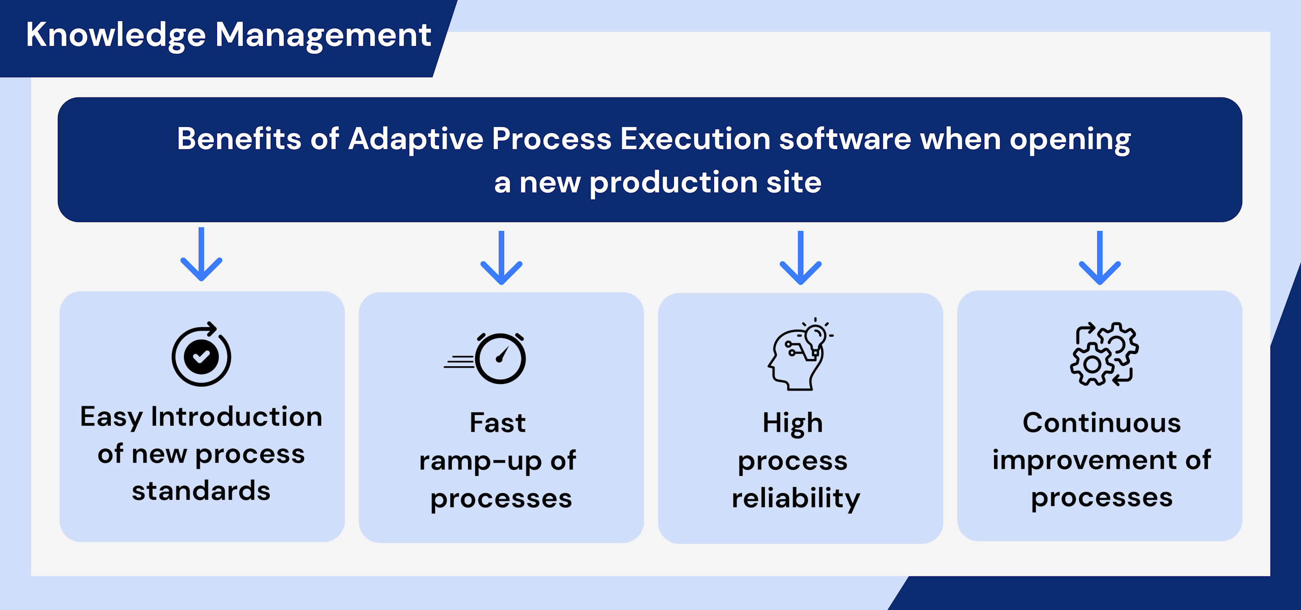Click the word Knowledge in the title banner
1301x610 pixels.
(116, 36)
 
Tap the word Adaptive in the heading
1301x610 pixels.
(416, 139)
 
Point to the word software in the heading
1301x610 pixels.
(845, 139)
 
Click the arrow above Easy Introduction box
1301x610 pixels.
(202, 254)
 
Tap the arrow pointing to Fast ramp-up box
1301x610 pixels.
(502, 258)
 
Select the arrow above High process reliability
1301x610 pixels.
(801, 258)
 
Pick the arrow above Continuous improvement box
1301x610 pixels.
(1100, 258)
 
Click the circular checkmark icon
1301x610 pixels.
(201, 355)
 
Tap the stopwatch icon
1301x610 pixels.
(485, 358)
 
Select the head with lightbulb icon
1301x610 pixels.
(800, 354)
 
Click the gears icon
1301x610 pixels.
(1104, 354)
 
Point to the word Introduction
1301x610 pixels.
(237, 417)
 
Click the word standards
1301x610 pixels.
(201, 491)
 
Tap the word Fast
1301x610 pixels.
(498, 423)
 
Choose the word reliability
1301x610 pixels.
(796, 498)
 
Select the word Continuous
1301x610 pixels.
(1102, 423)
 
